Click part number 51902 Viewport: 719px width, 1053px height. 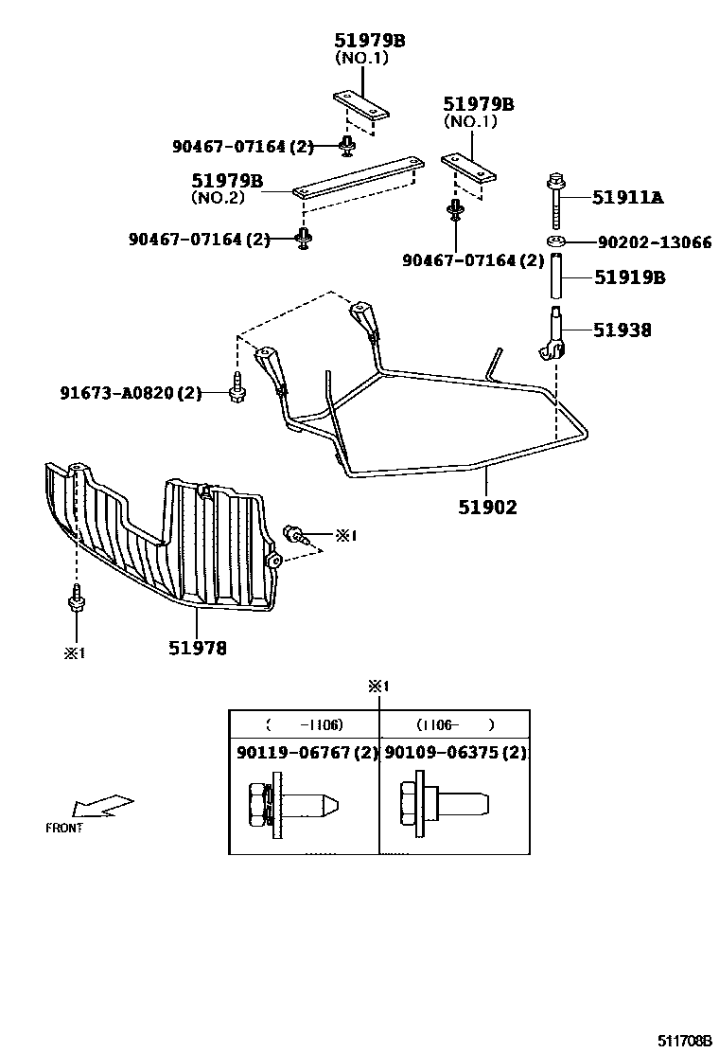coord(488,508)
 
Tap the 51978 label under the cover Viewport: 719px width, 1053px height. coord(198,648)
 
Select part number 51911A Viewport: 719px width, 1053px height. coord(627,197)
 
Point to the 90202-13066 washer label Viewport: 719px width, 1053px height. coord(654,242)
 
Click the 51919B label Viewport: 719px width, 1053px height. coord(629,277)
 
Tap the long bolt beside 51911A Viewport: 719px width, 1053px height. coord(556,201)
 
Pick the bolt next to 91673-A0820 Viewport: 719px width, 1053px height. coord(235,388)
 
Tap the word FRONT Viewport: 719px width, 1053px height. coord(64,828)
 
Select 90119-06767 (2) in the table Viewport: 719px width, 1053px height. coord(306,753)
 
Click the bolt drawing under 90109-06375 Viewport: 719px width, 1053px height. coord(445,804)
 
